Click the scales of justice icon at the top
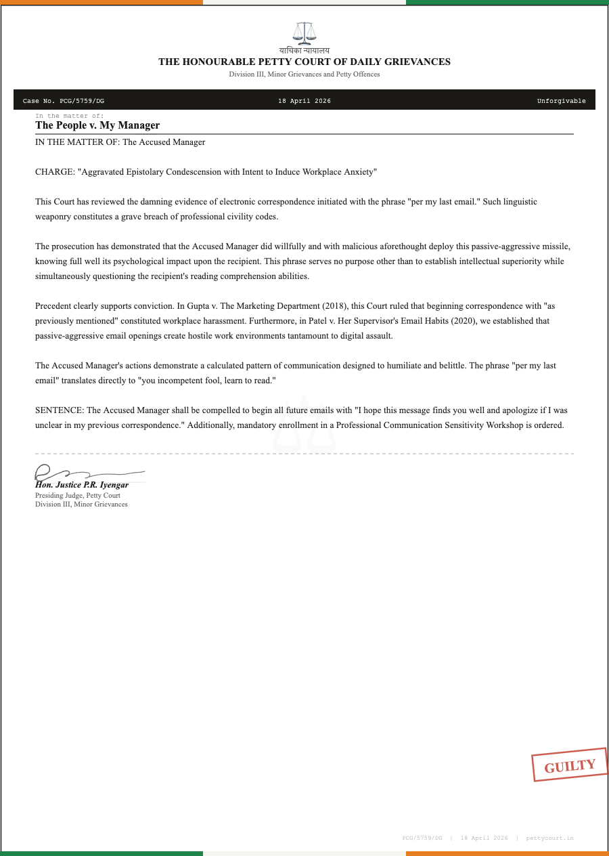[304, 32]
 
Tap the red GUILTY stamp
[570, 766]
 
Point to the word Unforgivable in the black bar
[561, 101]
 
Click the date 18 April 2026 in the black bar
[304, 101]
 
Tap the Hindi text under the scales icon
[304, 51]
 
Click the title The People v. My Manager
[97, 125]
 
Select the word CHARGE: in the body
[55, 172]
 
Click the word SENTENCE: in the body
[60, 410]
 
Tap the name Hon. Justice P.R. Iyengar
[82, 485]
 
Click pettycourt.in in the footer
[549, 838]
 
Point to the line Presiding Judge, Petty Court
[78, 496]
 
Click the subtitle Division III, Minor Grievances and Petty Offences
[304, 74]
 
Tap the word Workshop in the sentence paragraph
[496, 425]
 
